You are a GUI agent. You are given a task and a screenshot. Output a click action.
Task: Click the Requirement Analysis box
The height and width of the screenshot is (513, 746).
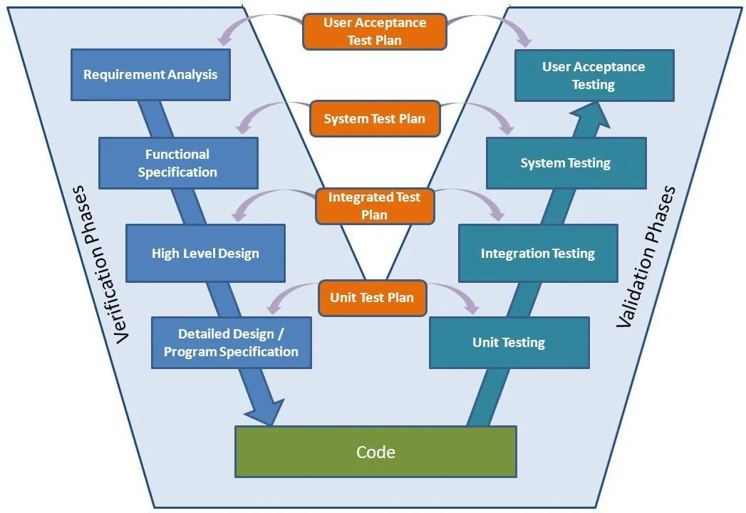(x=150, y=75)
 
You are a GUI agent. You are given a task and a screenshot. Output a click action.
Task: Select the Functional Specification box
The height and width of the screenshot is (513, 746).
(x=177, y=163)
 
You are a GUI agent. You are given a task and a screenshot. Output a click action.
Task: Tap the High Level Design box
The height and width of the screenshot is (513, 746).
(x=205, y=253)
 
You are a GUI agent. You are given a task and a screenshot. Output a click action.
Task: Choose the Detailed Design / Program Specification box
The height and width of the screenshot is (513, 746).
(x=231, y=343)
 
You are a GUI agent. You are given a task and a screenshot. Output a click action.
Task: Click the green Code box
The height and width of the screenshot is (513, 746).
(x=375, y=452)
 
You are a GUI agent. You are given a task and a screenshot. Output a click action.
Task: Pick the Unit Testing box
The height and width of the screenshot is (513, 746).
(x=509, y=343)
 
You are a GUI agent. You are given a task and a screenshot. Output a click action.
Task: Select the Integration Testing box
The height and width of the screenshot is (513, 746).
(x=538, y=254)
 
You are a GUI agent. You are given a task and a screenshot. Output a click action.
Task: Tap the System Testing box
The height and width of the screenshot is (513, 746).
(x=566, y=163)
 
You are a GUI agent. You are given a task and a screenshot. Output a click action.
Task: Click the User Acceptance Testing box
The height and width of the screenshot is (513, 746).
(x=594, y=76)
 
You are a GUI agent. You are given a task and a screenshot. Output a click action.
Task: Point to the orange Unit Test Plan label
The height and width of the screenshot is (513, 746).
(x=372, y=298)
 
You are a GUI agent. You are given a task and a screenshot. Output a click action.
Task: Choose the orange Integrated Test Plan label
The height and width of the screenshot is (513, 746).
(x=374, y=206)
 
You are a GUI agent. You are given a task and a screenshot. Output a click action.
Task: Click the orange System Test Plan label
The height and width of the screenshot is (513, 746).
(x=374, y=119)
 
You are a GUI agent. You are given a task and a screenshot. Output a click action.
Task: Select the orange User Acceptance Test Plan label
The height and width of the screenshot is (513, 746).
(x=374, y=32)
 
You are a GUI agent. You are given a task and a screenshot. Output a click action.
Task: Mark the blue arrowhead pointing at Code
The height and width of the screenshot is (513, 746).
(x=265, y=413)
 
